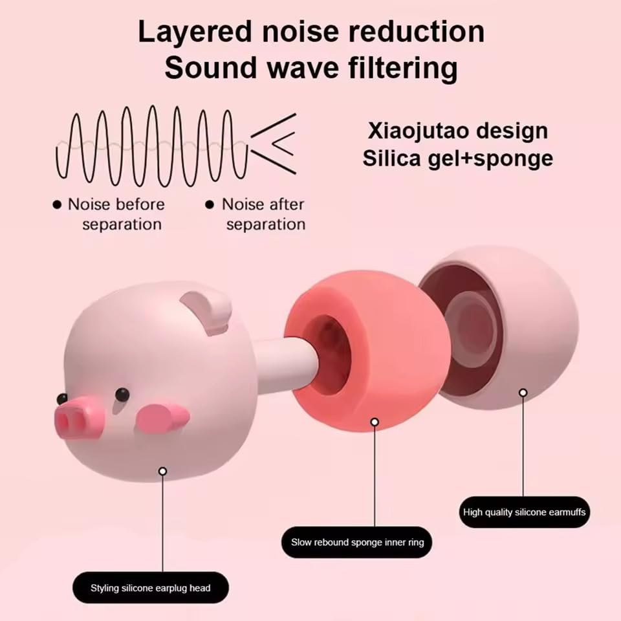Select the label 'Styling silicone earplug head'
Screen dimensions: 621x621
tap(150, 588)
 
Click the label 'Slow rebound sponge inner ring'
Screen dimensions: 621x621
tap(357, 542)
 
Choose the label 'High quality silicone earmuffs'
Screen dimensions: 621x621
tap(524, 512)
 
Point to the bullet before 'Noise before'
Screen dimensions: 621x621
tap(57, 205)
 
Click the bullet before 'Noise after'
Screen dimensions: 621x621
tap(209, 205)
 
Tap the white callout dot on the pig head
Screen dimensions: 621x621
tap(162, 472)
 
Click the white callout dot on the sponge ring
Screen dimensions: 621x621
tap(374, 422)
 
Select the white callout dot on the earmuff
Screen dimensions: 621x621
tap(523, 393)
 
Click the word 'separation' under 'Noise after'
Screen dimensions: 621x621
tap(265, 224)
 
